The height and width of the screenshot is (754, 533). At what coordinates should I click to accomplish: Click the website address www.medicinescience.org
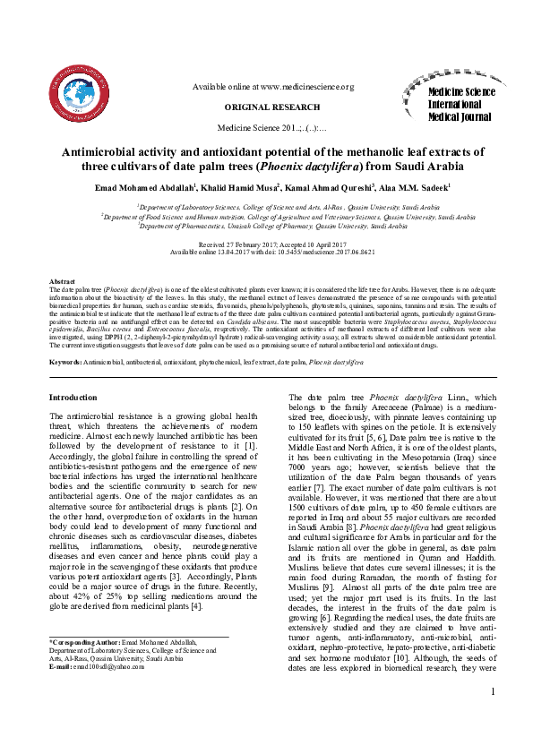click(307, 87)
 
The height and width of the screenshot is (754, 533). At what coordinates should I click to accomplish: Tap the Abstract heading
click(62, 282)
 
